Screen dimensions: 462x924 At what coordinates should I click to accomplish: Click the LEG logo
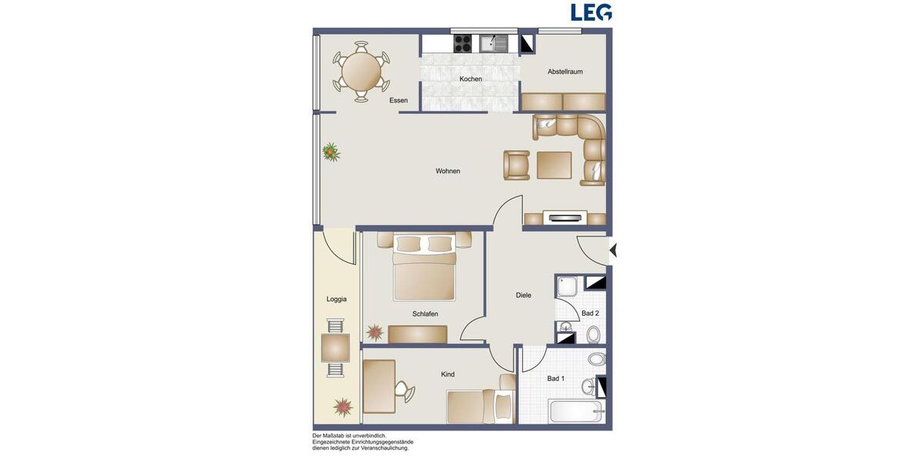pyautogui.click(x=591, y=12)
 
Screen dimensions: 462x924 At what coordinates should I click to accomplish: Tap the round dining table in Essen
pyautogui.click(x=360, y=72)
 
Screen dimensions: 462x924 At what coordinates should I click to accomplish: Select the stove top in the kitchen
pyautogui.click(x=463, y=43)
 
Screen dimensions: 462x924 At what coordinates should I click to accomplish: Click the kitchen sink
pyautogui.click(x=494, y=43)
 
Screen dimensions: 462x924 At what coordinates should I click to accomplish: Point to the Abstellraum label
pyautogui.click(x=564, y=72)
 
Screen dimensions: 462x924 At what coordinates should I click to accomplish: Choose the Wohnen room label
pyautogui.click(x=447, y=171)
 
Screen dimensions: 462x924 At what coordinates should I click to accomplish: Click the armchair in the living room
pyautogui.click(x=516, y=165)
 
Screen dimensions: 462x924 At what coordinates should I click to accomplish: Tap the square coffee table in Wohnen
pyautogui.click(x=554, y=165)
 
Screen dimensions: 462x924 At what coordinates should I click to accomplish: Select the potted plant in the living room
pyautogui.click(x=331, y=152)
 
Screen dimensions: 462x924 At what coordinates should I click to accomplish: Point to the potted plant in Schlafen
pyautogui.click(x=374, y=333)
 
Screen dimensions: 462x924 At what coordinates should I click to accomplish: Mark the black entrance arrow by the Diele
pyautogui.click(x=613, y=250)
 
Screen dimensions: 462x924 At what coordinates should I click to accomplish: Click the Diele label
pyautogui.click(x=524, y=295)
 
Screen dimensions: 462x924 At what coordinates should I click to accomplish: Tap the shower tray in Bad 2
pyautogui.click(x=568, y=286)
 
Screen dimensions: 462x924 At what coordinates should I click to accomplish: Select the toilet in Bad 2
pyautogui.click(x=593, y=335)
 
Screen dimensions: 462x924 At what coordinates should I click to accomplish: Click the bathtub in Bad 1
pyautogui.click(x=574, y=411)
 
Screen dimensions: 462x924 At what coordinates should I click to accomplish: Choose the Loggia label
pyautogui.click(x=336, y=299)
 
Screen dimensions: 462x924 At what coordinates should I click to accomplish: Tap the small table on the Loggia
pyautogui.click(x=335, y=348)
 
